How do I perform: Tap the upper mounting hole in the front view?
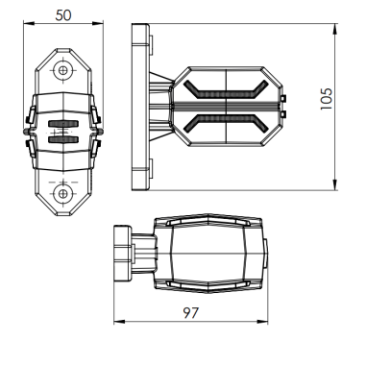63,70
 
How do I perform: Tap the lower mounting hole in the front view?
63,192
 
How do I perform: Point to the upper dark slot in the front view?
63,125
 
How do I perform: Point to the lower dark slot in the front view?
63,140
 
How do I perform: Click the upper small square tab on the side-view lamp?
284,98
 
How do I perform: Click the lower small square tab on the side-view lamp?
284,114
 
